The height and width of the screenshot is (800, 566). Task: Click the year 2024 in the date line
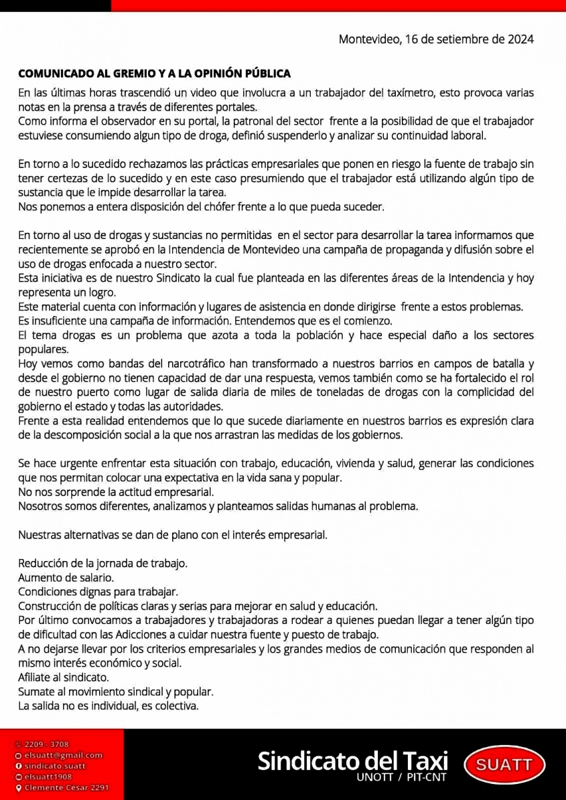pos(520,39)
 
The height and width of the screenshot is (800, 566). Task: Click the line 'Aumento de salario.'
pos(66,577)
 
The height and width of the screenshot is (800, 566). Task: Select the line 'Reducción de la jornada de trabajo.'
pos(102,563)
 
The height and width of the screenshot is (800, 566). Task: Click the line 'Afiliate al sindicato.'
pos(64,677)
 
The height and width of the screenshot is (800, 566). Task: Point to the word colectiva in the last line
pos(177,706)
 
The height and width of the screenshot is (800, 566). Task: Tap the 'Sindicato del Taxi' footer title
pos(352,761)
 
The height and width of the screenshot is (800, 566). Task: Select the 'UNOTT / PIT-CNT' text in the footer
pos(402,778)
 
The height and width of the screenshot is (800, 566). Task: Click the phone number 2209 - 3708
pos(47,744)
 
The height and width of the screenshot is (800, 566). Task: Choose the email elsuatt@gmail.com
pos(63,755)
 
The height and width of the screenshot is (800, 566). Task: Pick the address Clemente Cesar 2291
pos(66,788)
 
